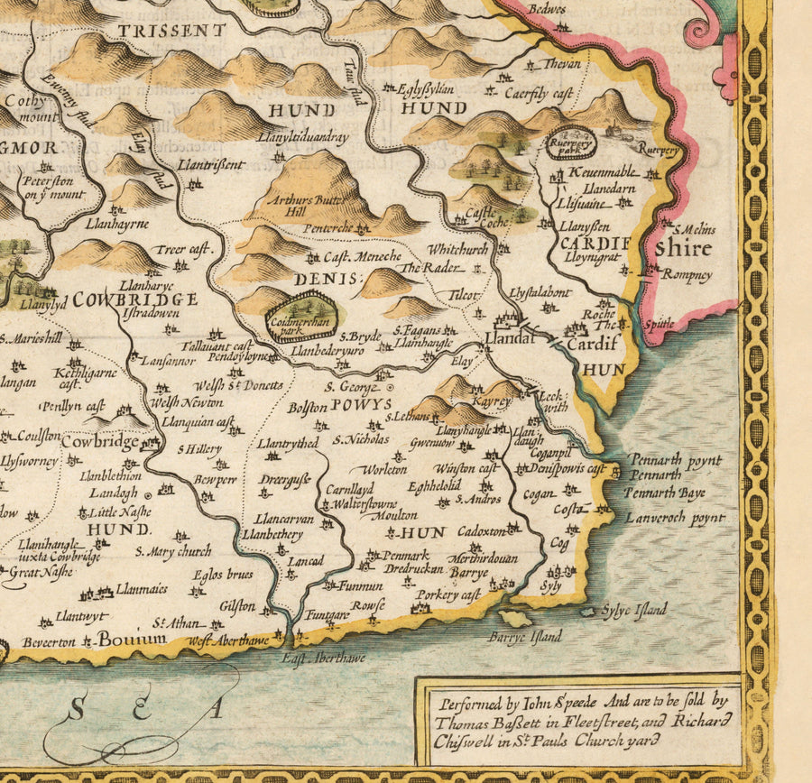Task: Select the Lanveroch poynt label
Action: [x=675, y=518]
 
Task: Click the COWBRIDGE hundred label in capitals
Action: [x=135, y=299]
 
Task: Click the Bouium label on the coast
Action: [x=133, y=640]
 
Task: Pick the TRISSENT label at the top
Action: [x=171, y=31]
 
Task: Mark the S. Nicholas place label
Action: [x=361, y=440]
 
